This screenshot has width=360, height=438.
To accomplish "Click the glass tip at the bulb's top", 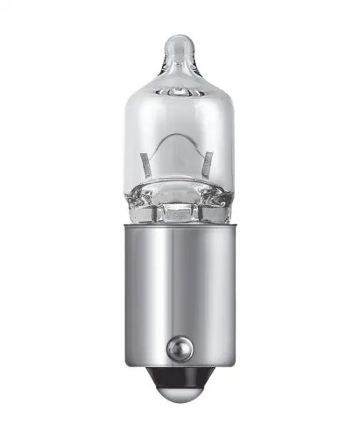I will pyautogui.click(x=180, y=41).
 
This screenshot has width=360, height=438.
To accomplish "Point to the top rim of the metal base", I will pyautogui.click(x=180, y=230).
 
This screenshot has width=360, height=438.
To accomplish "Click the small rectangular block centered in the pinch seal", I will pyautogui.click(x=180, y=211).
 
